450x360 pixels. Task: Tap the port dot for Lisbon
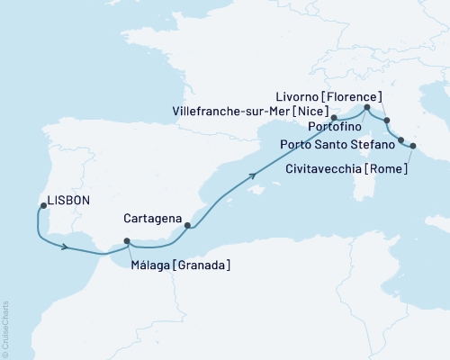point(42,207)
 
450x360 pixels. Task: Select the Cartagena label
point(153,219)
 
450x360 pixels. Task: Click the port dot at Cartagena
point(186,226)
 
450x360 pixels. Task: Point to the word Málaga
point(150,265)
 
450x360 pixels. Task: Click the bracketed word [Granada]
point(202,265)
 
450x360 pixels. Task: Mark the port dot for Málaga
point(127,241)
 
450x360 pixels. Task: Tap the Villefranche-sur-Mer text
point(232,111)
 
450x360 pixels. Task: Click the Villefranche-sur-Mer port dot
point(333,117)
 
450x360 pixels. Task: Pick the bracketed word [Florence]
point(356,96)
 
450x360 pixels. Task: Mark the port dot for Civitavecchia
point(413,146)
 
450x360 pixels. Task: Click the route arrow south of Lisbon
point(66,247)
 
